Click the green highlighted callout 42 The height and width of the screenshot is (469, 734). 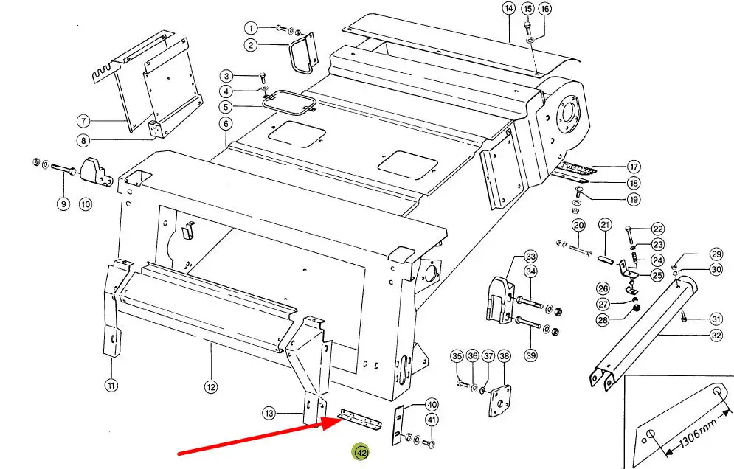tap(361, 453)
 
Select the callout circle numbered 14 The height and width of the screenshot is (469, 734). tap(509, 8)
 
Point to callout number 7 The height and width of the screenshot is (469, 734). tap(83, 121)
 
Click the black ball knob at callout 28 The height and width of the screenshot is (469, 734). tap(636, 308)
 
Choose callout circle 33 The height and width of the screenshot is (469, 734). tap(530, 257)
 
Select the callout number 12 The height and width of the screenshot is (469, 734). tap(211, 387)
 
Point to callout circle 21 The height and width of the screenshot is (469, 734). tap(605, 225)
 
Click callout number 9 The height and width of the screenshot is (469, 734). tap(63, 204)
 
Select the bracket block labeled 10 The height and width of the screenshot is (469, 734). tap(97, 173)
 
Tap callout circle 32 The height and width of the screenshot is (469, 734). tap(716, 336)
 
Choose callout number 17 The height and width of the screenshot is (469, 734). tap(634, 167)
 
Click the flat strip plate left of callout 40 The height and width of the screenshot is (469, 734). tap(398, 425)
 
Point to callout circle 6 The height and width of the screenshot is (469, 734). tap(226, 124)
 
